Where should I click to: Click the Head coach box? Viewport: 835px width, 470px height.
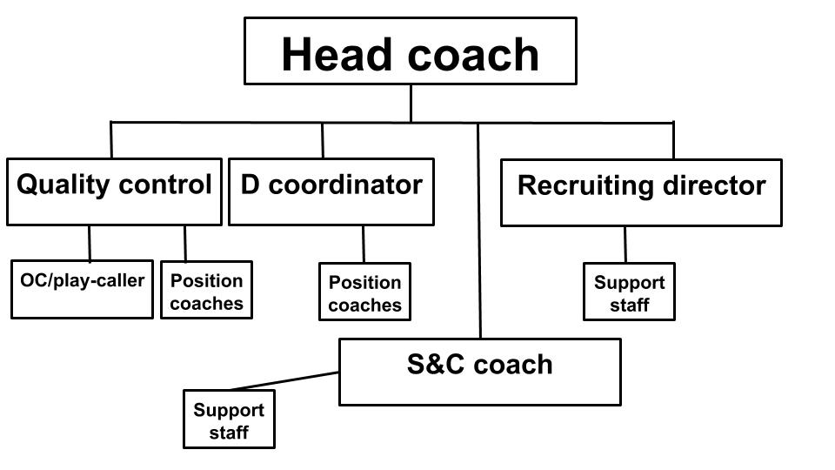pyautogui.click(x=410, y=51)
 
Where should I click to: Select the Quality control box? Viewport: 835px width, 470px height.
pyautogui.click(x=114, y=191)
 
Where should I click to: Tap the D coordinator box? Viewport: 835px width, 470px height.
pyautogui.click(x=331, y=191)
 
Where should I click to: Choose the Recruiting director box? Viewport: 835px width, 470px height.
pyautogui.click(x=641, y=193)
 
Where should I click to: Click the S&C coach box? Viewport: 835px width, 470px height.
pyautogui.click(x=480, y=372)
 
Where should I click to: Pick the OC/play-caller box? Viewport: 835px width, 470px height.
pyautogui.click(x=82, y=290)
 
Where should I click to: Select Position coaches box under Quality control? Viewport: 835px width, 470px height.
pyautogui.click(x=207, y=290)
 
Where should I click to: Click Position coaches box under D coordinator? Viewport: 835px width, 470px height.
pyautogui.click(x=364, y=292)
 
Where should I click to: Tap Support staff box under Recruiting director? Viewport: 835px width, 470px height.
pyautogui.click(x=629, y=292)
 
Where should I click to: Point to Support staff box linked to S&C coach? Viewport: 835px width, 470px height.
pyautogui.click(x=229, y=420)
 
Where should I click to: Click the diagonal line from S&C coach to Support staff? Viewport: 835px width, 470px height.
pyautogui.click(x=285, y=381)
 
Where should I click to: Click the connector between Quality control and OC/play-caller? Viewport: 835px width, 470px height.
pyautogui.click(x=90, y=244)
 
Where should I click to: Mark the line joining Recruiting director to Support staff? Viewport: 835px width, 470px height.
pyautogui.click(x=625, y=245)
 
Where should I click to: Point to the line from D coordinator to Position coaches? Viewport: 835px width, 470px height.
pyautogui.click(x=364, y=244)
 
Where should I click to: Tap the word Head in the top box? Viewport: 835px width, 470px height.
pyautogui.click(x=336, y=54)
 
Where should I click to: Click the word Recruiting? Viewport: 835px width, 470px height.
pyautogui.click(x=585, y=186)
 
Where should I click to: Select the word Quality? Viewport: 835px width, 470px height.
pyautogui.click(x=63, y=185)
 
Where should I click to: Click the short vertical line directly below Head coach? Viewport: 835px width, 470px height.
pyautogui.click(x=411, y=104)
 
